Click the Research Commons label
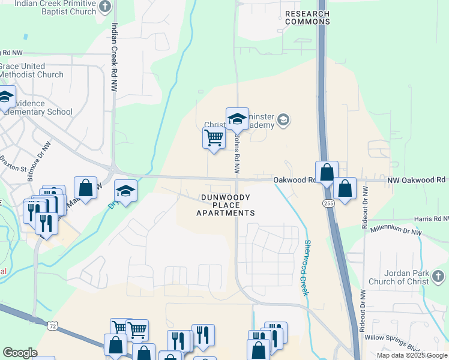pyautogui.click(x=307, y=17)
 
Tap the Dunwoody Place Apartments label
pyautogui.click(x=228, y=205)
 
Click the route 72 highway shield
pyautogui.click(x=53, y=326)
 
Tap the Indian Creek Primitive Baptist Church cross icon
pyautogui.click(x=105, y=7)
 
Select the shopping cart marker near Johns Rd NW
pyautogui.click(x=214, y=138)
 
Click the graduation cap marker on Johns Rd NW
pyautogui.click(x=237, y=119)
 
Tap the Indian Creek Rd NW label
pyautogui.click(x=114, y=58)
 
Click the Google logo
pyautogui.click(x=20, y=353)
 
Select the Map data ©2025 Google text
pyautogui.click(x=412, y=355)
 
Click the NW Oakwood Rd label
pyautogui.click(x=416, y=179)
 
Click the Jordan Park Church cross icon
pyautogui.click(x=439, y=277)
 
